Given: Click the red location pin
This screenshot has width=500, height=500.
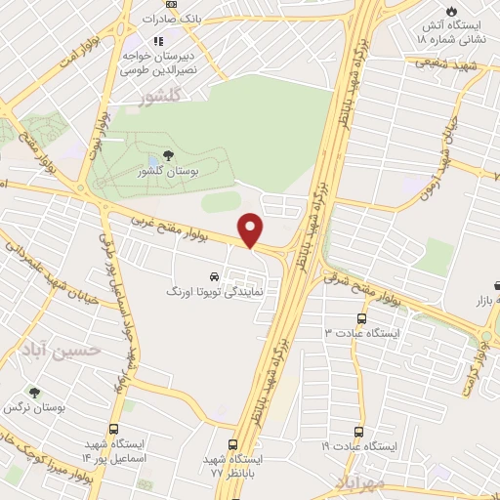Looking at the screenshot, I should pos(252,229).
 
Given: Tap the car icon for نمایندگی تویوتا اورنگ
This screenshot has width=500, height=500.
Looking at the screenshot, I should pos(214,275).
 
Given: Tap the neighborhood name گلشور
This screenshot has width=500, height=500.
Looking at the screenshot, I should pos(161,97).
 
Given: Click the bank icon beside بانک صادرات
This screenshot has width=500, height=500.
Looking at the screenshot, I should pos(172,4).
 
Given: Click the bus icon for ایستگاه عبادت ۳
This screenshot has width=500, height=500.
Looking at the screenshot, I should pos(362,318).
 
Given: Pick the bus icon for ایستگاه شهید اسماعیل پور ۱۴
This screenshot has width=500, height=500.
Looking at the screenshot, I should pos(114,430).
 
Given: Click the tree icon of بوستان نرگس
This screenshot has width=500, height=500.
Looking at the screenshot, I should pos(36,392).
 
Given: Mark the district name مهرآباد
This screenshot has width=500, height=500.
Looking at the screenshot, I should pos(360,482).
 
